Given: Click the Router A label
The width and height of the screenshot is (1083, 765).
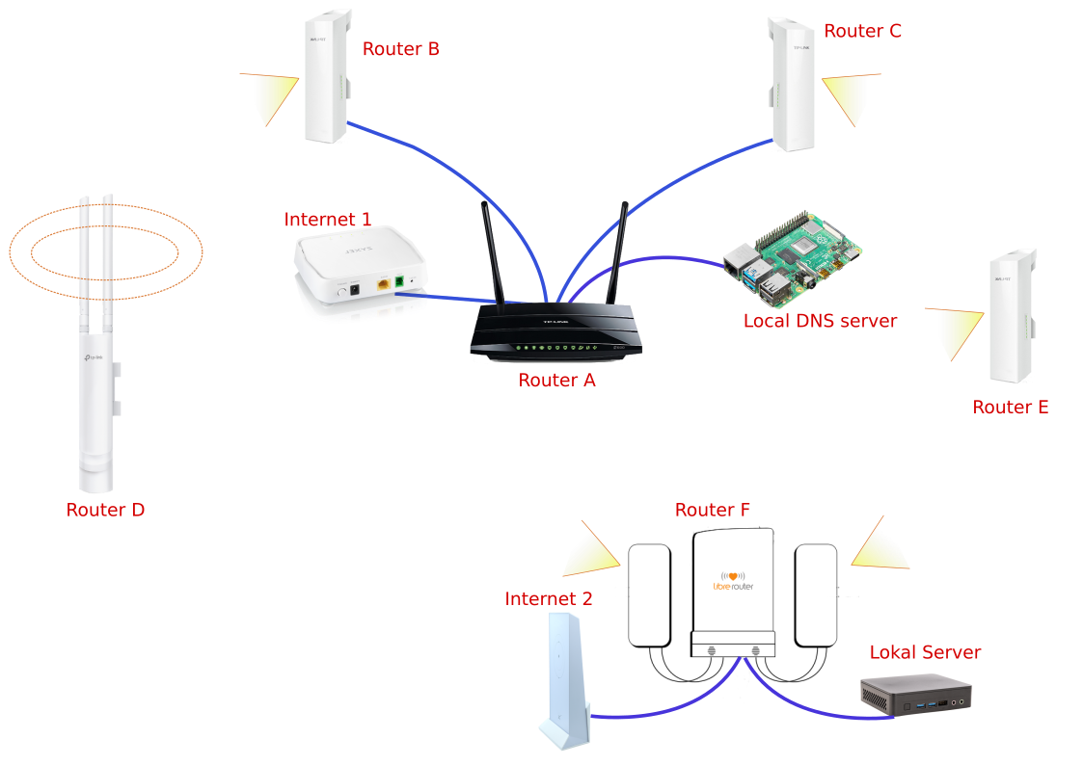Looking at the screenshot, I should coord(556,381).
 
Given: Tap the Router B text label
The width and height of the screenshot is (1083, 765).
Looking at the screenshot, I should coord(400,49).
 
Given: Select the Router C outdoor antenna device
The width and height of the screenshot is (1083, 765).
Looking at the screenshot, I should coord(792,84).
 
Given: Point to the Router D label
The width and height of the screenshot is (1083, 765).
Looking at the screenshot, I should coord(105,511).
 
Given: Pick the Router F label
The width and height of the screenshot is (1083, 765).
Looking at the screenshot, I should coord(712,511).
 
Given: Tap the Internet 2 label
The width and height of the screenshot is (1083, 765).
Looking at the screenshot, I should coord(548,599).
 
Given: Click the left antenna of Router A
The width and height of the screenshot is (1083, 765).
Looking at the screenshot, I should coord(492,252).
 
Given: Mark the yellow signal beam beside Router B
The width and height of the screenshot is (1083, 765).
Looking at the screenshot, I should coord(271,96).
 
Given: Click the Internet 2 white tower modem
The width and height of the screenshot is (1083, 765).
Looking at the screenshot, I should coord(563,680).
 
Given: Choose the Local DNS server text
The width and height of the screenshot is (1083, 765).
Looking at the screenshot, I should coord(820,321).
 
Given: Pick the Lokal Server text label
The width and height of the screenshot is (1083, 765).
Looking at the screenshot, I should coord(925,653).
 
